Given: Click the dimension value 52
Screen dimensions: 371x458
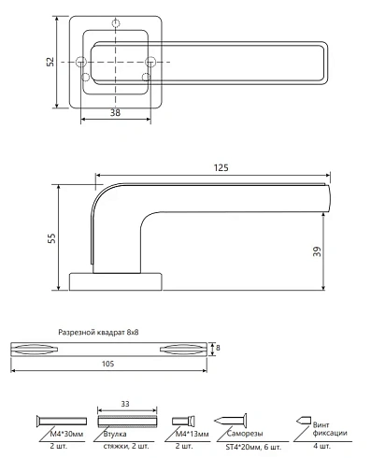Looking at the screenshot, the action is point(50,62).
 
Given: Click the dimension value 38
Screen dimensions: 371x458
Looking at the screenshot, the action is point(115,113).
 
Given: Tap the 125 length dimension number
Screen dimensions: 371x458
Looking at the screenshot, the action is point(221,167).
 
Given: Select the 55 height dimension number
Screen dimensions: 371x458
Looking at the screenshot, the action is point(51,238).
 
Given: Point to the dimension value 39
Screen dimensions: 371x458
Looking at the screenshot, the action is point(317,251).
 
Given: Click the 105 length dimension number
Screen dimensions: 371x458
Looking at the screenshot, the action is point(107,364).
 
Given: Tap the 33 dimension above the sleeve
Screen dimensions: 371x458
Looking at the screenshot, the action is point(125,404).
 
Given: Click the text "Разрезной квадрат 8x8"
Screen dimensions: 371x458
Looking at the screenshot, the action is point(98,333).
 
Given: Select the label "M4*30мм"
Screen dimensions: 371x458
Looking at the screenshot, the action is point(67,434).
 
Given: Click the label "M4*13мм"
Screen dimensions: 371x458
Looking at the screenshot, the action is point(193,434).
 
